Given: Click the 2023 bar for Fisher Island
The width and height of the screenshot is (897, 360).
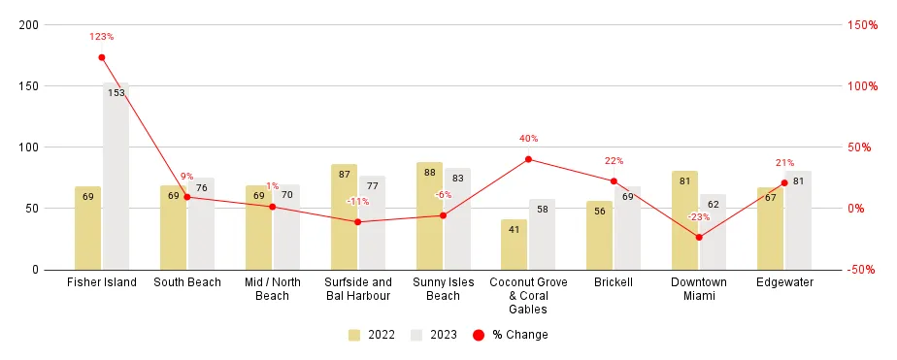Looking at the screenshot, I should [116, 176].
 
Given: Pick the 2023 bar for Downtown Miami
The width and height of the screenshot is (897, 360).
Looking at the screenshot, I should [714, 232].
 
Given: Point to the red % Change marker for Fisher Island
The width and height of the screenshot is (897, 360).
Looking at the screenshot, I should [102, 57].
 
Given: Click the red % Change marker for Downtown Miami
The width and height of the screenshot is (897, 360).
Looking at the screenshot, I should [699, 237].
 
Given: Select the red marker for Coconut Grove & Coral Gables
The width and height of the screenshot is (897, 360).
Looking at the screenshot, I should [528, 159].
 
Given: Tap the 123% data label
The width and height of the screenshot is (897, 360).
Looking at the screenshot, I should [102, 37].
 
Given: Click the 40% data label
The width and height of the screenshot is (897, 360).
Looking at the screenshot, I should [528, 139].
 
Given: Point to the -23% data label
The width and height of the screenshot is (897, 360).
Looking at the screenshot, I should [698, 216].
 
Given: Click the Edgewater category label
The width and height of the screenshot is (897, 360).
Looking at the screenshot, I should [784, 282].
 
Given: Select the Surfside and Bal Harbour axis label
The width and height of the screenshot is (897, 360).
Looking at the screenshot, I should [358, 289].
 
